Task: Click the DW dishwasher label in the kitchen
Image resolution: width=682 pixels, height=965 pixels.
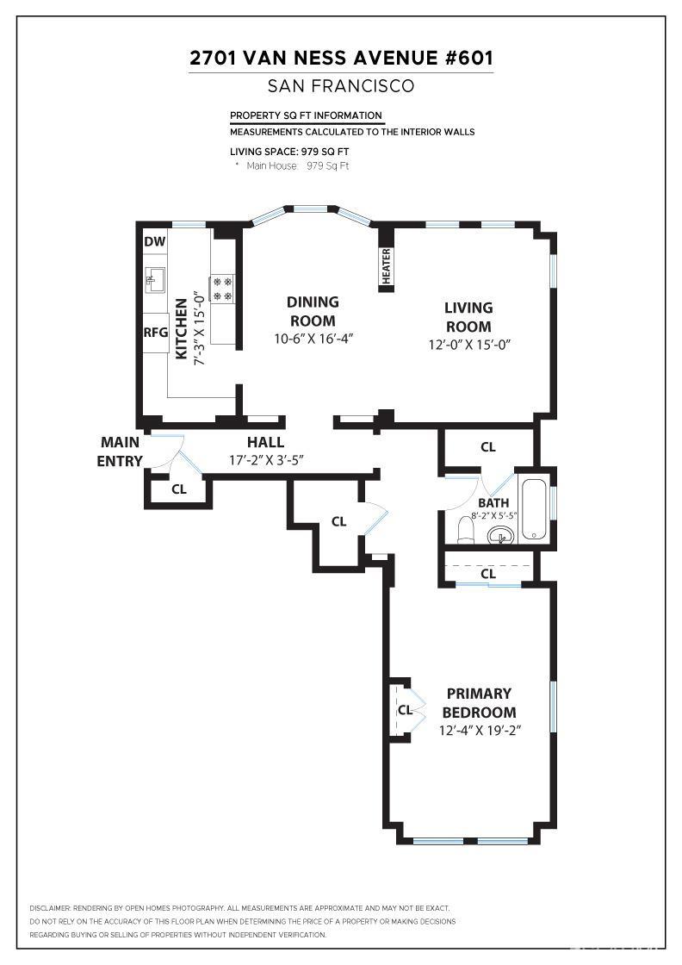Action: coord(154,241)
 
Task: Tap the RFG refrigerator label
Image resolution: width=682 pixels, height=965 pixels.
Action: coord(156,332)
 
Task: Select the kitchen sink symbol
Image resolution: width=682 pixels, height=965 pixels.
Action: coord(155,278)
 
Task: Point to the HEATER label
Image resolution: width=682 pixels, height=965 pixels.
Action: coord(386,265)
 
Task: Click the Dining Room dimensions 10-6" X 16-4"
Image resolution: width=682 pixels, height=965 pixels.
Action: coord(313,339)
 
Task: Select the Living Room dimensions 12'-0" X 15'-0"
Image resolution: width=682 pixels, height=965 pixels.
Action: coord(468,345)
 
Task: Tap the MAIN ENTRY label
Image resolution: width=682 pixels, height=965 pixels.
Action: coord(120,451)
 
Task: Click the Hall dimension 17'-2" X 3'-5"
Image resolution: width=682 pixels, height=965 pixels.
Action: coord(266,460)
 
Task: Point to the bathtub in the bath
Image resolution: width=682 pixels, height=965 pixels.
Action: coord(534,508)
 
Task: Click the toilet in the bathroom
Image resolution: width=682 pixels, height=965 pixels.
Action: coord(463,528)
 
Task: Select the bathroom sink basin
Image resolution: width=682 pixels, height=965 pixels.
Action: coord(500,537)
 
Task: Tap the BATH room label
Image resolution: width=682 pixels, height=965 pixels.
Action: coord(493,503)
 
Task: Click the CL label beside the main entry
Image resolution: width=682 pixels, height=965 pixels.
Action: coord(179,489)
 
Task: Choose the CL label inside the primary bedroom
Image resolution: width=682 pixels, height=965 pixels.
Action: coord(405,711)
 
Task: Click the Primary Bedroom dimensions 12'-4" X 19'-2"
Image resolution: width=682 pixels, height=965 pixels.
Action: coord(481,731)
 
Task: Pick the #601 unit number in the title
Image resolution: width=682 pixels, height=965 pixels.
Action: coord(465,59)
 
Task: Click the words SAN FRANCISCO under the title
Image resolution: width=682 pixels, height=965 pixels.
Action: coord(341,86)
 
